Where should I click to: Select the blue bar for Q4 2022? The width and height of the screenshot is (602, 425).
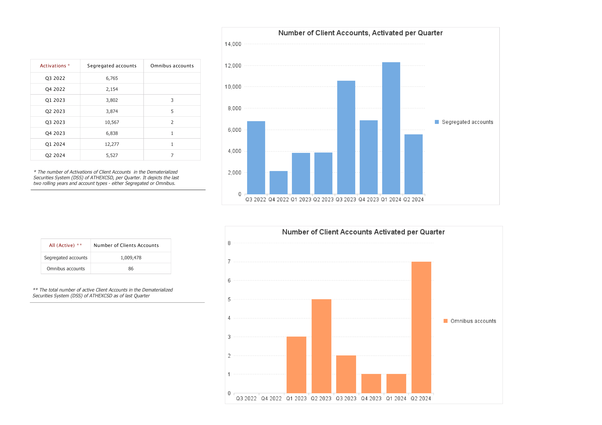click(279, 183)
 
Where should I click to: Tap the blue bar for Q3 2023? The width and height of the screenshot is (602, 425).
click(346, 137)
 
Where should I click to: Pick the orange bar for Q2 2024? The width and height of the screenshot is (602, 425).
click(421, 327)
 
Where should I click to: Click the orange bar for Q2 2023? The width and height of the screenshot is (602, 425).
click(321, 346)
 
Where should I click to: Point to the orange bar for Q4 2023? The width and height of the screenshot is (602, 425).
click(371, 384)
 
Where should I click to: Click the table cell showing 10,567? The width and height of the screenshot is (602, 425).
click(112, 122)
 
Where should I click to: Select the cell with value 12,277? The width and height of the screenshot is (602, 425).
click(112, 144)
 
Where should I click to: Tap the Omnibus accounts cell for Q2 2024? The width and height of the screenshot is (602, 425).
click(172, 155)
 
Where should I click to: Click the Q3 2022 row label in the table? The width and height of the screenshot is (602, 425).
click(55, 78)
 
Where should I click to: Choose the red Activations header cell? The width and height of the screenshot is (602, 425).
click(55, 66)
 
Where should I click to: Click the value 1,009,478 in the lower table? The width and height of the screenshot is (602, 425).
click(131, 258)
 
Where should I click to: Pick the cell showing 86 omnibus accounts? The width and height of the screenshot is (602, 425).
click(131, 268)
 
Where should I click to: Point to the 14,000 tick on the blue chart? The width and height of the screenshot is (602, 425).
click(233, 44)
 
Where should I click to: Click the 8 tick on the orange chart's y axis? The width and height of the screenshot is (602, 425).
click(229, 243)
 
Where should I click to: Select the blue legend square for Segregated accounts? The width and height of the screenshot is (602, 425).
click(437, 122)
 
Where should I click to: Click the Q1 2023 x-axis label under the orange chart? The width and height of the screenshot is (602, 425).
click(296, 398)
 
